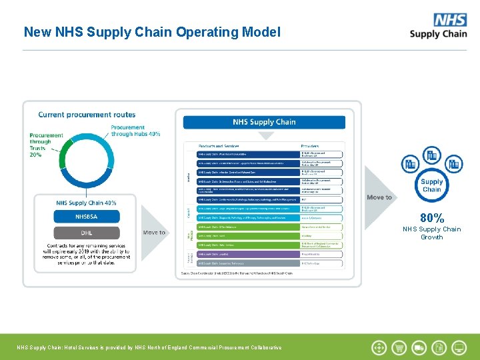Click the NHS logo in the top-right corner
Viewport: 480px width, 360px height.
pyautogui.click(x=449, y=19)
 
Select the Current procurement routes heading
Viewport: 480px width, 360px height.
pyautogui.click(x=87, y=115)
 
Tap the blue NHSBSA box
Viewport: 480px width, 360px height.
pyautogui.click(x=87, y=217)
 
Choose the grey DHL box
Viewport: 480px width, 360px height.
pyautogui.click(x=87, y=233)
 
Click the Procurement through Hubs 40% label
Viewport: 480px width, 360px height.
pyautogui.click(x=135, y=131)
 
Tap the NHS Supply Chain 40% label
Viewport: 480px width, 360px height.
pyautogui.click(x=86, y=203)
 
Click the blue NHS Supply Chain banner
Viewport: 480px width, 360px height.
pyautogui.click(x=264, y=122)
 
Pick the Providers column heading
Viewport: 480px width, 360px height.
pyautogui.click(x=309, y=145)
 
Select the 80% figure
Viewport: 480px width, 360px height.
pyautogui.click(x=432, y=217)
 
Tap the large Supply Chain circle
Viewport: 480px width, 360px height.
pyautogui.click(x=431, y=185)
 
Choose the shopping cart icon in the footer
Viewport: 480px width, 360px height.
pyautogui.click(x=399, y=347)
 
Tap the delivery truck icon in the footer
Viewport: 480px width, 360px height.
pyautogui.click(x=419, y=347)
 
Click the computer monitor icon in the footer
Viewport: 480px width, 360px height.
pyautogui.click(x=459, y=347)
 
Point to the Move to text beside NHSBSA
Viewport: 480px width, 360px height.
pyautogui.click(x=154, y=233)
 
